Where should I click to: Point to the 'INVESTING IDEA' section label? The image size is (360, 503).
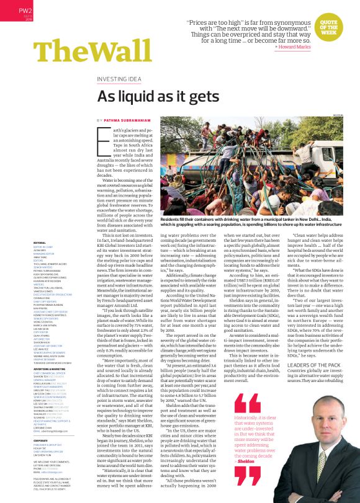point(123,79)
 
